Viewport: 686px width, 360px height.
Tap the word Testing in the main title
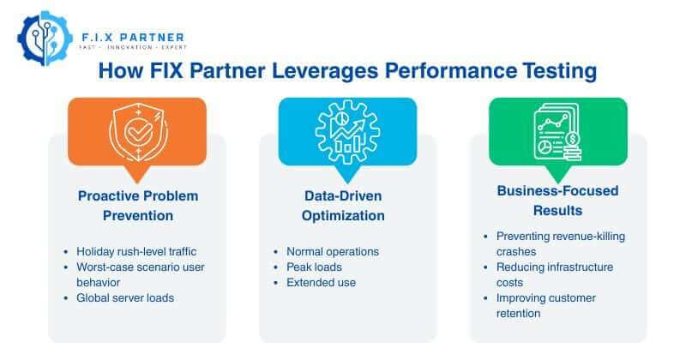coord(549,71)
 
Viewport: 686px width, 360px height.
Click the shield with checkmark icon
coord(136,129)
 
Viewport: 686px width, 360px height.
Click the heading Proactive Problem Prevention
coord(137,206)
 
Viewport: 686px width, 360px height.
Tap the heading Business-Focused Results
coord(557,200)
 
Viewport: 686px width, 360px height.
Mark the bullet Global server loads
coord(124,298)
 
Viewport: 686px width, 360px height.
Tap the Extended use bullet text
coord(322,283)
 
